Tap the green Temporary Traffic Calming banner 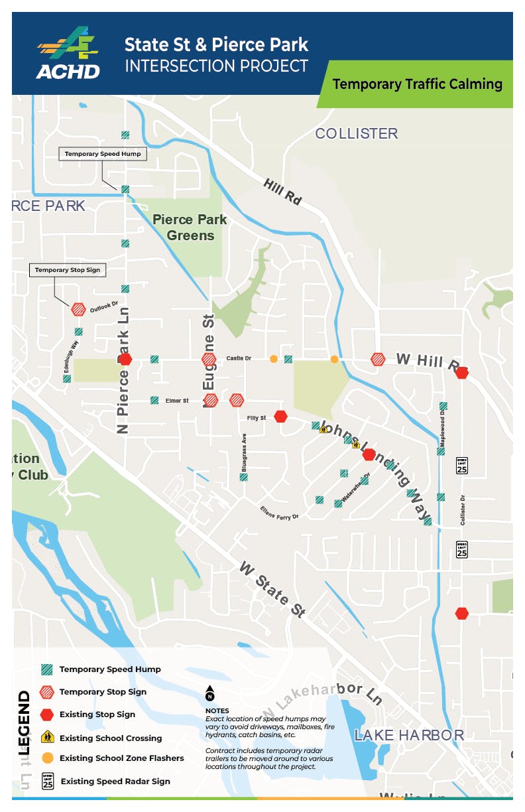click(417, 84)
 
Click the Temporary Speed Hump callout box click(103, 154)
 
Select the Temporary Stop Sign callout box click(69, 270)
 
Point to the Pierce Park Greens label click(190, 228)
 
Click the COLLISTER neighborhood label click(356, 134)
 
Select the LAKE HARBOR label click(408, 735)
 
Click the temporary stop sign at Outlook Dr click(78, 308)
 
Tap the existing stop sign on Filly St click(281, 416)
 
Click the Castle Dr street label click(239, 358)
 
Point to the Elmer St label click(177, 401)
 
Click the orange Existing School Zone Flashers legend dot click(47, 758)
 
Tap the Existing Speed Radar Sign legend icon click(47, 780)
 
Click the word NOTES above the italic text click(217, 710)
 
